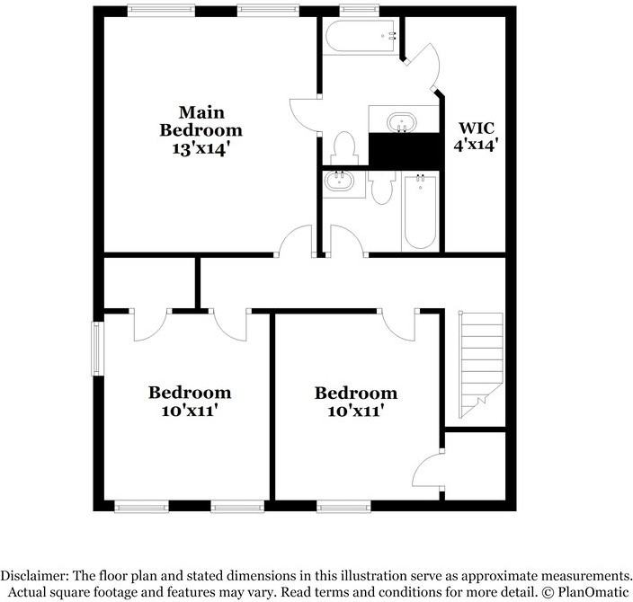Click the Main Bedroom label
click(201, 120)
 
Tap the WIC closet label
click(477, 127)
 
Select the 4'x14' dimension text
click(477, 143)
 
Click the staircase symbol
click(480, 363)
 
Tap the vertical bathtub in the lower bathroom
click(419, 212)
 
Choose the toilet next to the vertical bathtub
click(381, 186)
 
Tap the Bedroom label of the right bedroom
click(355, 393)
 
